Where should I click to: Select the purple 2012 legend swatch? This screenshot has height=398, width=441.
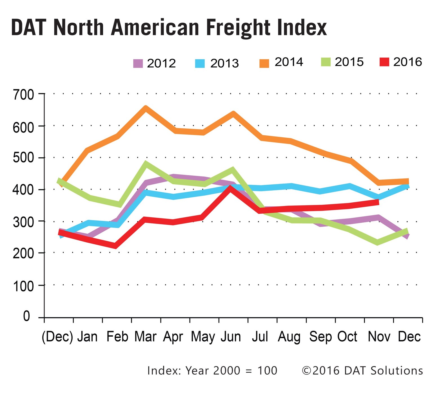pos(138,63)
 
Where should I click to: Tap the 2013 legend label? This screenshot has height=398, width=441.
pos(224,63)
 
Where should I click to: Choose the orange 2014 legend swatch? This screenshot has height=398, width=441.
pos(264,63)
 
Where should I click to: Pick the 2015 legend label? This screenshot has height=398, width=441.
pos(349,62)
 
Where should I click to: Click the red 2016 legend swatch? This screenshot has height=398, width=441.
pos(384,62)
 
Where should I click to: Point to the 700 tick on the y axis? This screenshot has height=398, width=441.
pos(23,95)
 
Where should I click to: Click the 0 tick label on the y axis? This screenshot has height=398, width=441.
pos(26,317)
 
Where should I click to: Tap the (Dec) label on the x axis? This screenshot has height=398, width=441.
pos(57,337)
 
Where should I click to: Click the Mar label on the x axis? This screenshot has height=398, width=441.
pos(145,337)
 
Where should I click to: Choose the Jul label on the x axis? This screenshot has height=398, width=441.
pos(260,337)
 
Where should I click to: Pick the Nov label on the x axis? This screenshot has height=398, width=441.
pos(379,337)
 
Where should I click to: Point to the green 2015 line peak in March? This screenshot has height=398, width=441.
pos(146,164)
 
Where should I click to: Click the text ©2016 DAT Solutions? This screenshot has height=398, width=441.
pos(362,371)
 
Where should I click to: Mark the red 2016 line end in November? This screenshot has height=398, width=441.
pos(378,202)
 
